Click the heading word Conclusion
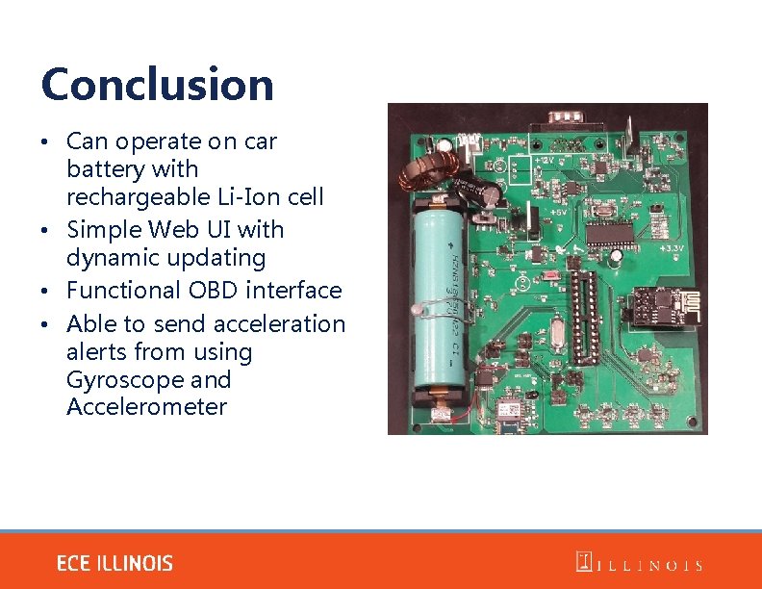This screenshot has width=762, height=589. (x=157, y=85)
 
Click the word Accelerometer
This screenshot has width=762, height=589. (x=146, y=406)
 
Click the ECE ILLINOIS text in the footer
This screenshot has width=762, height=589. (x=114, y=563)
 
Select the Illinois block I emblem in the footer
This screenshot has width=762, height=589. (x=583, y=562)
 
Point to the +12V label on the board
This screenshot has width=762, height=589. (x=545, y=159)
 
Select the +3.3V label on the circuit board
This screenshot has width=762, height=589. (x=672, y=247)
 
